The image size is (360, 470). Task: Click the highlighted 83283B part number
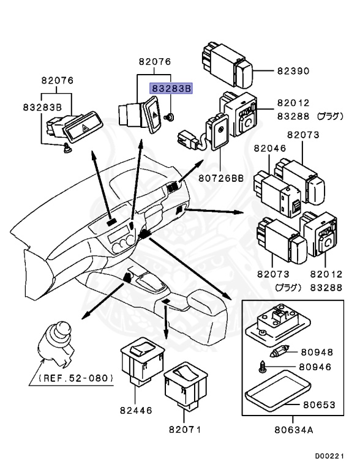pyautogui.click(x=171, y=89)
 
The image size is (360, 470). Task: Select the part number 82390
pyautogui.click(x=293, y=71)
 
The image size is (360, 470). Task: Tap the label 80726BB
pyautogui.click(x=221, y=178)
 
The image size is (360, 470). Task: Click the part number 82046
pyautogui.click(x=270, y=148)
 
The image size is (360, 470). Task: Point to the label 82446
pyautogui.click(x=136, y=410)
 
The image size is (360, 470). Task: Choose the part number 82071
pyautogui.click(x=185, y=429)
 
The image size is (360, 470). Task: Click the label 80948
pyautogui.click(x=317, y=352)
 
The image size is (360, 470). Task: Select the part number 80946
pyautogui.click(x=315, y=367)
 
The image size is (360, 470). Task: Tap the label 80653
pyautogui.click(x=319, y=405)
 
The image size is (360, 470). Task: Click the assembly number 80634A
pyautogui.click(x=294, y=430)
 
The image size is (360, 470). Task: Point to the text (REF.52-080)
pyautogui.click(x=76, y=378)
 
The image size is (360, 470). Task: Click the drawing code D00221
pyautogui.click(x=329, y=456)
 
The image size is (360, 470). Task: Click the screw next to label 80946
pyautogui.click(x=262, y=367)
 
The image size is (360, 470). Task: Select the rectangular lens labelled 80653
pyautogui.click(x=277, y=391)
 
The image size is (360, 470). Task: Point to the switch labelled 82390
pyautogui.click(x=227, y=65)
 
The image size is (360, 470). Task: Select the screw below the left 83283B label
pyautogui.click(x=67, y=148)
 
